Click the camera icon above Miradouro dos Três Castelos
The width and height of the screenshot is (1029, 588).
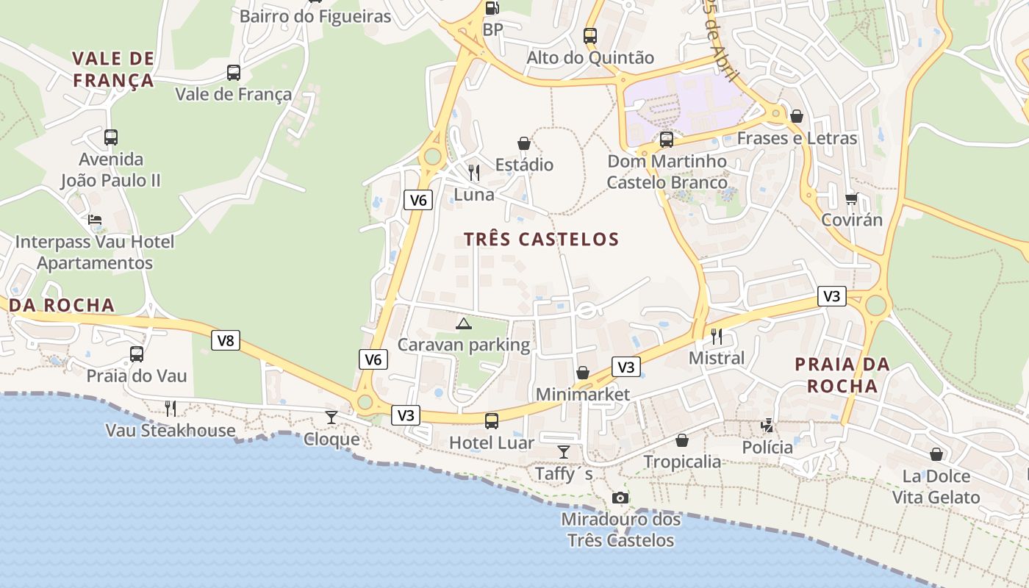pos(620,498)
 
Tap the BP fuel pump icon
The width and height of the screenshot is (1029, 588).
pos(492,8)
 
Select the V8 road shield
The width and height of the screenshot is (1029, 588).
pos(226,340)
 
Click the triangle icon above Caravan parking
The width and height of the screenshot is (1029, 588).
pos(464,323)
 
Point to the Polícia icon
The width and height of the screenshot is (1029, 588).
pos(767,426)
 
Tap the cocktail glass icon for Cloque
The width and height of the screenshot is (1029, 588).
pos(331,417)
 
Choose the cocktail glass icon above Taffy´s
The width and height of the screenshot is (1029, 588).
pos(564,451)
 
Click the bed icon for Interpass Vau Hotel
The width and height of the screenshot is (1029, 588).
pos(95,220)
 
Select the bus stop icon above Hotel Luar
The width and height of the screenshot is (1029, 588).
pos(492,421)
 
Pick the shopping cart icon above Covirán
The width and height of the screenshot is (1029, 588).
pos(851,198)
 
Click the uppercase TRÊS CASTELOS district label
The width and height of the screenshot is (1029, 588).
pos(542,239)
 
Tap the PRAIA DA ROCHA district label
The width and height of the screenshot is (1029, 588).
pos(842,375)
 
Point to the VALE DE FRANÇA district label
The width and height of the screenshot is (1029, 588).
pos(113,69)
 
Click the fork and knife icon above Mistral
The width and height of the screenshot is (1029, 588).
pos(717,337)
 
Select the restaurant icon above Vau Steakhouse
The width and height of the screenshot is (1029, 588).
pos(171,408)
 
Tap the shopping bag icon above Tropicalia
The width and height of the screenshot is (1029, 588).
pos(682,440)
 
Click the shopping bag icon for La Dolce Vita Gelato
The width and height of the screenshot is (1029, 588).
pos(936,454)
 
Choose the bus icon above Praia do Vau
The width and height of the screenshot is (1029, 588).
pos(137,354)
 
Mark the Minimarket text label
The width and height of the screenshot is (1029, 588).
pos(582,395)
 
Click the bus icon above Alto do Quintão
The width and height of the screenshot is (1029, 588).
pos(590,35)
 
